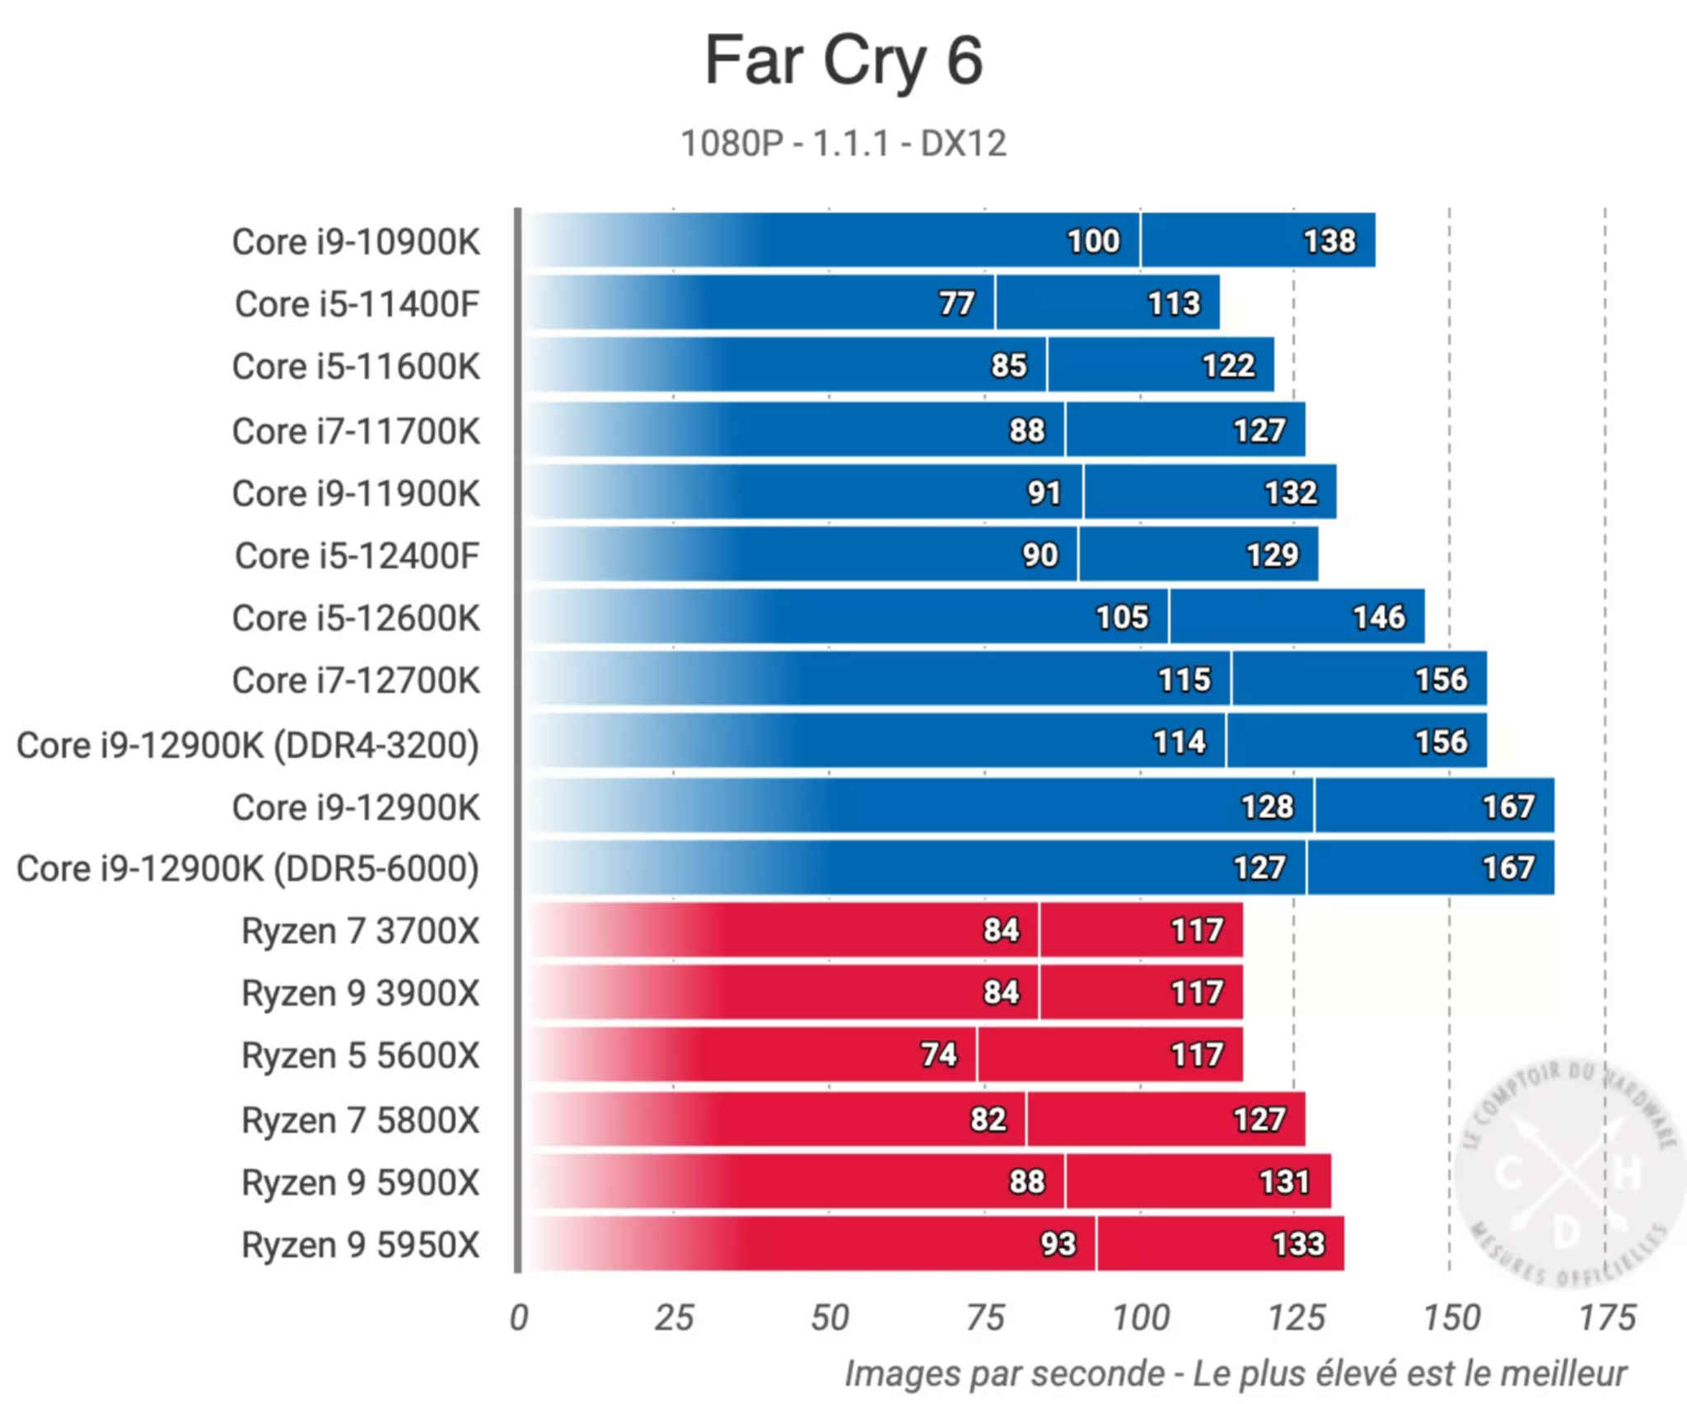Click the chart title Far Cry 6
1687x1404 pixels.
[x=843, y=61]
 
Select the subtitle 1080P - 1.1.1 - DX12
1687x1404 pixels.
[x=843, y=143]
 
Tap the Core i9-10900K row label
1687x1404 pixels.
[x=356, y=242]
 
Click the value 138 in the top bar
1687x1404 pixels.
[x=1329, y=241]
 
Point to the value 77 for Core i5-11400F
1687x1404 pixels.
[x=956, y=303]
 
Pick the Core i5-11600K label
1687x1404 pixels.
[x=356, y=367]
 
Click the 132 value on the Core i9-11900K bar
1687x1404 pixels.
[x=1291, y=493]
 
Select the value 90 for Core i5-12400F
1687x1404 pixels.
[x=1040, y=555]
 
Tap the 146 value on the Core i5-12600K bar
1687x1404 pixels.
[x=1379, y=617]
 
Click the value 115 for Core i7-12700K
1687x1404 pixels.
[x=1185, y=680]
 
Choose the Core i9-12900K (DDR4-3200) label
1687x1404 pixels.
[x=248, y=745]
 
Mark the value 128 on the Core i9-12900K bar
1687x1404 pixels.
[x=1267, y=806]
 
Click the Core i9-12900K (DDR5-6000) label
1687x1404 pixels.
[x=248, y=868]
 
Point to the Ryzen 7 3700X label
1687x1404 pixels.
[x=360, y=931]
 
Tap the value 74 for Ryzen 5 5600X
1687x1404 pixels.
[x=938, y=1055]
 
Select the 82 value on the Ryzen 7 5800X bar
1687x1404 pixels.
[x=988, y=1119]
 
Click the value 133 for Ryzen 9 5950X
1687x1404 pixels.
[x=1298, y=1244]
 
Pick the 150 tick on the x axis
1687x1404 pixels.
[x=1451, y=1317]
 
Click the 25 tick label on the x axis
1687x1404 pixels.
[x=674, y=1317]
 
